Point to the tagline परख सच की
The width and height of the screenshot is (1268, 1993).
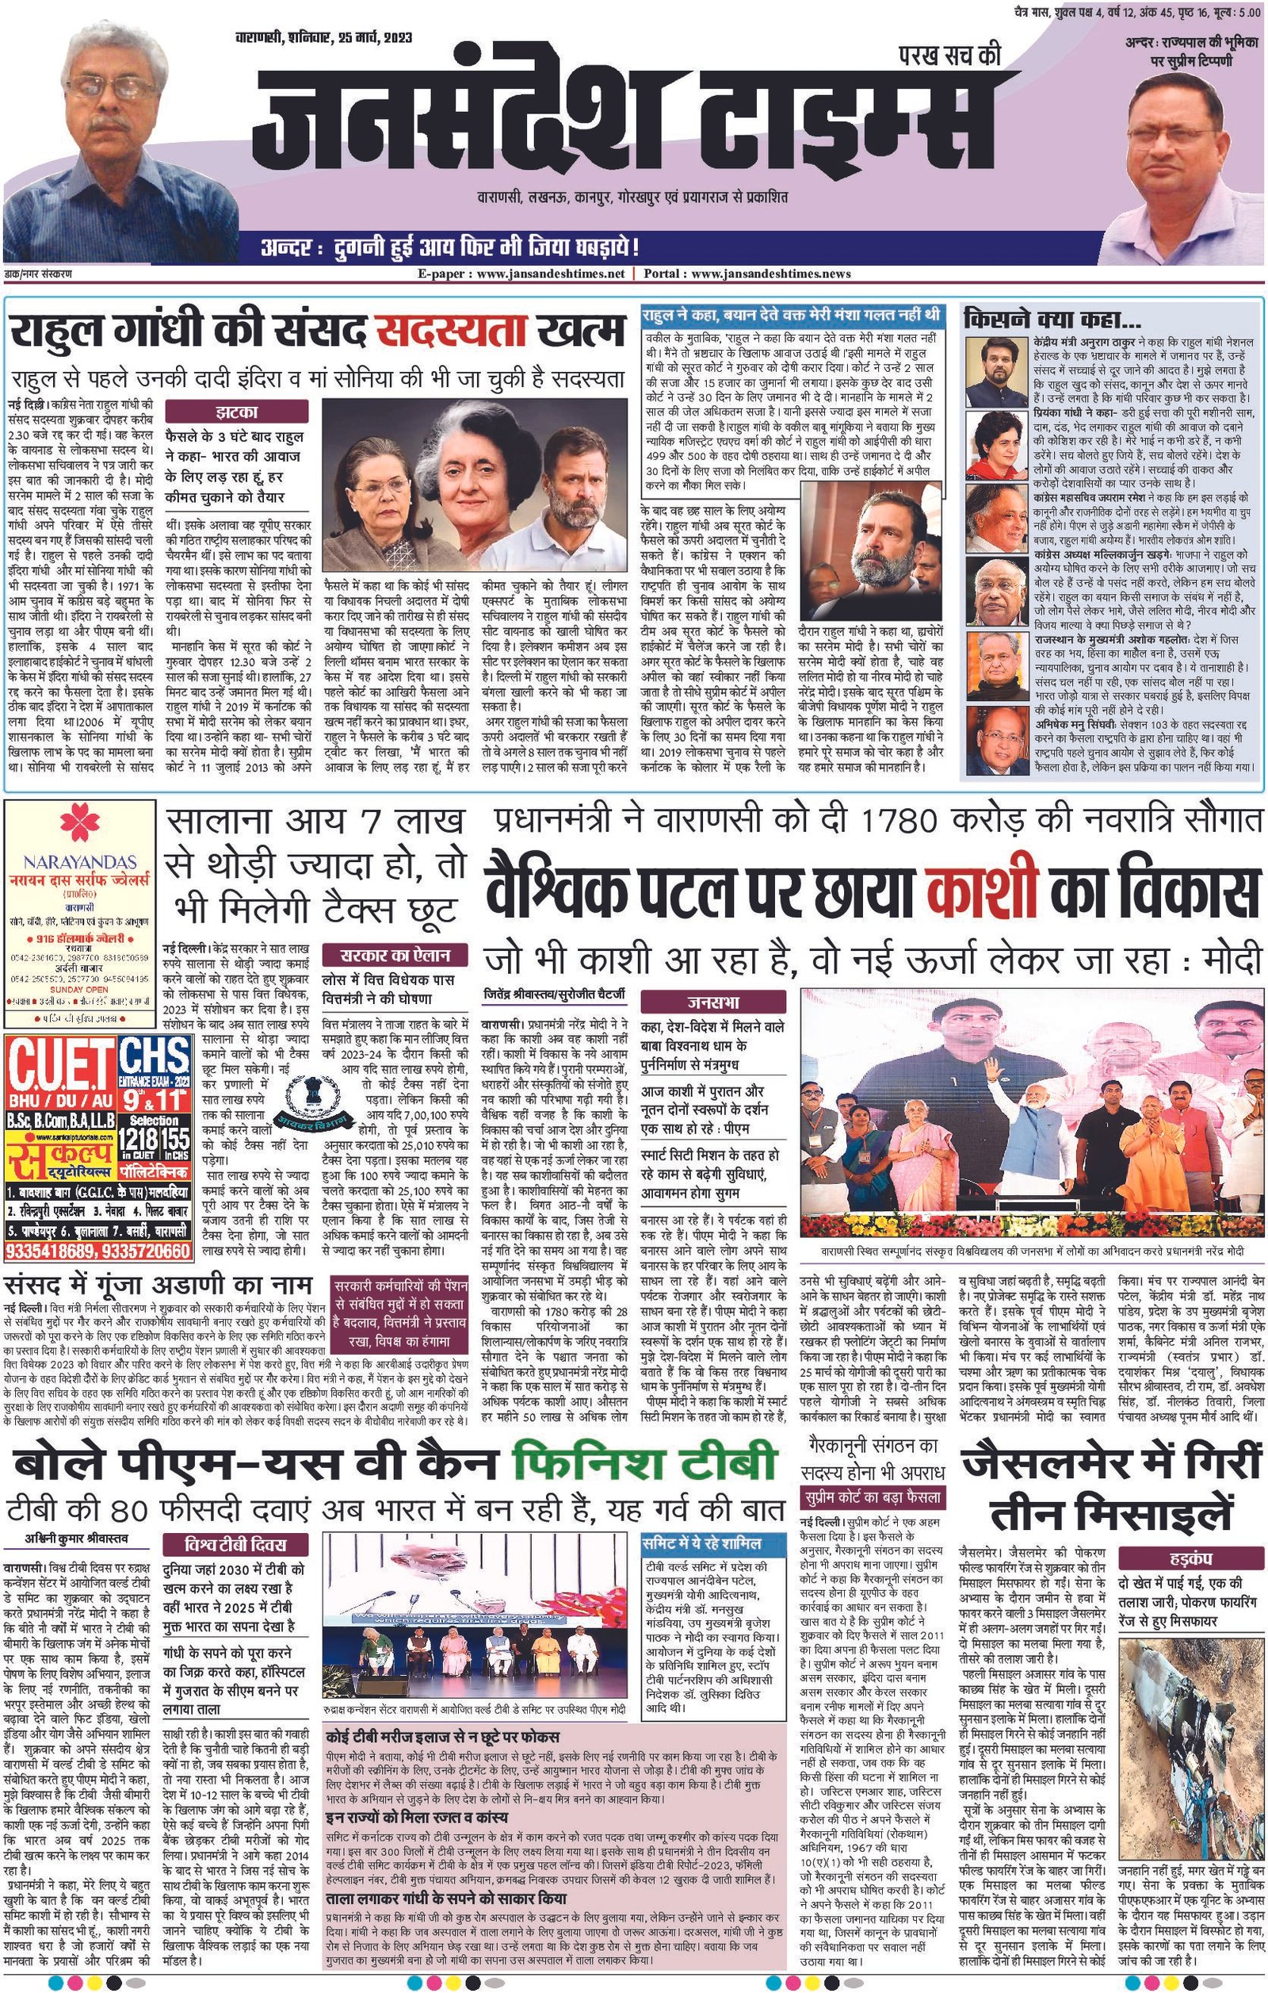click(x=949, y=56)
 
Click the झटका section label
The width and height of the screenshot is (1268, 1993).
click(x=235, y=411)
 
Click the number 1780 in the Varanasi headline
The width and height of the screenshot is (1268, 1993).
click(x=899, y=820)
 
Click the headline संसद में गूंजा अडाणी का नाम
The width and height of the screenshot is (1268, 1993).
click(x=159, y=1284)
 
